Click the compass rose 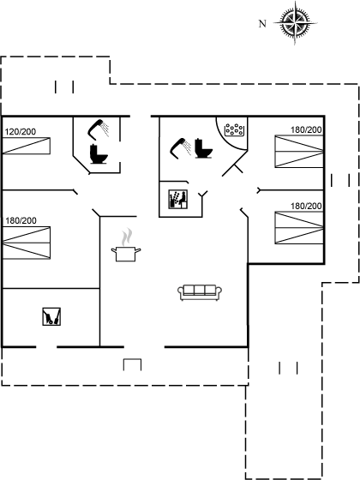[x=295, y=23]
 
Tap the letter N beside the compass [x=262, y=24]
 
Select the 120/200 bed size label [x=21, y=132]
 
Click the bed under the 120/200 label [x=27, y=146]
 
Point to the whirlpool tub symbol [x=234, y=129]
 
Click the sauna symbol [x=178, y=199]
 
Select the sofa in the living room [x=200, y=292]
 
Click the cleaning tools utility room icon [x=51, y=316]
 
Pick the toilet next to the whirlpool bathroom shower [x=203, y=148]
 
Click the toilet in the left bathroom [x=99, y=154]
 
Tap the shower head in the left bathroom [x=99, y=129]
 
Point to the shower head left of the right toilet [x=181, y=148]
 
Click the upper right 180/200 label [x=306, y=129]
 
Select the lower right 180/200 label [x=306, y=206]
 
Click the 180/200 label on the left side [x=21, y=220]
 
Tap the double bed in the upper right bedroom [x=299, y=152]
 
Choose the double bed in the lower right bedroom [x=299, y=228]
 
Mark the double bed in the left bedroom [x=27, y=243]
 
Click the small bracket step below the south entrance [x=132, y=364]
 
